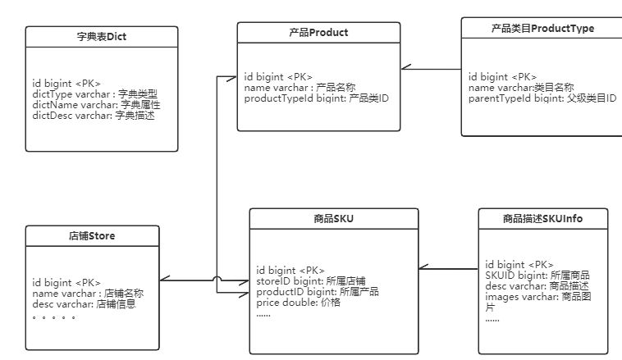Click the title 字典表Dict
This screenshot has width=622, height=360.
coord(101,37)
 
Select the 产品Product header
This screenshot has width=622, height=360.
coord(318,33)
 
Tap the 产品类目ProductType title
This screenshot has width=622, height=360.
coord(542,28)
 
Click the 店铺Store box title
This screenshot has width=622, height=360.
coord(91,235)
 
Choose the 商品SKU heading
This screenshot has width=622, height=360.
coord(333,219)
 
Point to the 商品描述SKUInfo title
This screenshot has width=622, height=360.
coord(543,219)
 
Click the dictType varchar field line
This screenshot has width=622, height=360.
coord(94,94)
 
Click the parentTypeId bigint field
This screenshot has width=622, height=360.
coord(542,98)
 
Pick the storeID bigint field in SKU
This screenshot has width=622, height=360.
coord(312,280)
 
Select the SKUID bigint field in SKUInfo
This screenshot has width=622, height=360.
coord(537,276)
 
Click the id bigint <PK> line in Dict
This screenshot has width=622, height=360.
coord(66,84)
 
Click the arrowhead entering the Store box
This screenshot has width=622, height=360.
coord(164,281)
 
